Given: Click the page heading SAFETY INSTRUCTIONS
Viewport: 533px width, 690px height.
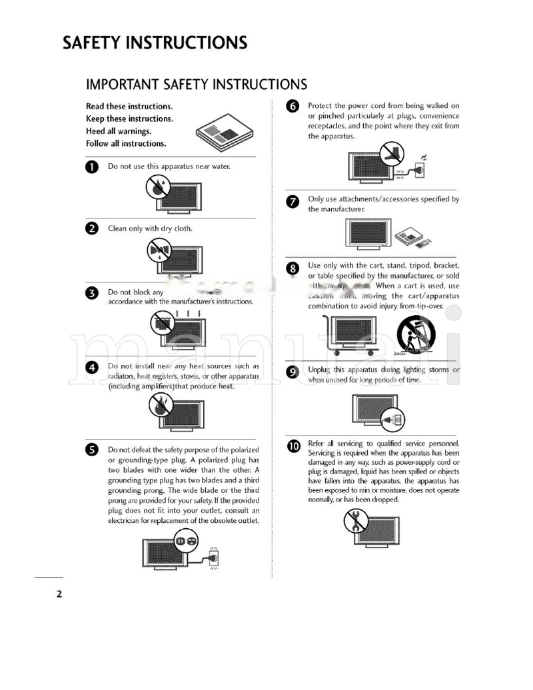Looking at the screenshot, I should coord(155,43).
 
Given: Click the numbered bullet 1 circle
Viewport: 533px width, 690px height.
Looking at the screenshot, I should coord(93,167).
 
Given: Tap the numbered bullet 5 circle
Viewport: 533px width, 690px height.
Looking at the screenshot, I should coord(93,450).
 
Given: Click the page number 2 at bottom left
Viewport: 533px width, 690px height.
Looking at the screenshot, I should coord(59,594).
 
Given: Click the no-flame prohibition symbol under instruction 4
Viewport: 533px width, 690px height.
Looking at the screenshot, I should coord(160,404).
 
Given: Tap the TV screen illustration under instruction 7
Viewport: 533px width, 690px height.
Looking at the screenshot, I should coord(366,232).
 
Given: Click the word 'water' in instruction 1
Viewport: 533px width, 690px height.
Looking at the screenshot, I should coord(219,167).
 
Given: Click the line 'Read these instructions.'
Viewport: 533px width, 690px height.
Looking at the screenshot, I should coord(129,107).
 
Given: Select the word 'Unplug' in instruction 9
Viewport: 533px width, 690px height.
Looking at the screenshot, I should coord(319,370).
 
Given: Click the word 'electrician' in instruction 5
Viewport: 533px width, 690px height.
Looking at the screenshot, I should coord(125,520).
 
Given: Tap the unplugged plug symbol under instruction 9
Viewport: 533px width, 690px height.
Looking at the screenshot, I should coord(393,420).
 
